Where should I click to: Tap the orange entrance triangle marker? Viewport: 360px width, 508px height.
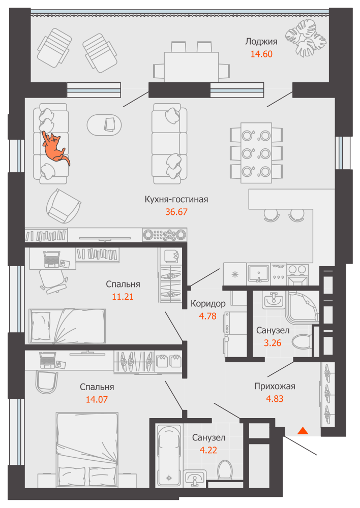pos(303,431)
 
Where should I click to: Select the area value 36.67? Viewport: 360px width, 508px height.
pos(176,211)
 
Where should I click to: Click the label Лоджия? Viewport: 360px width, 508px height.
pos(261,42)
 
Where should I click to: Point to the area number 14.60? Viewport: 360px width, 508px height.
pos(261,54)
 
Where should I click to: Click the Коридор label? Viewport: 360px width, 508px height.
pos(208,304)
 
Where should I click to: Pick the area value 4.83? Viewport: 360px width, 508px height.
pos(275,398)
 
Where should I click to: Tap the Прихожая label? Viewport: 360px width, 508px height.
pos(275,386)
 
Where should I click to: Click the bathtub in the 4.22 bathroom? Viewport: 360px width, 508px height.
pos(169,455)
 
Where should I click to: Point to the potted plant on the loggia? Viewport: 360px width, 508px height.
pos(306,38)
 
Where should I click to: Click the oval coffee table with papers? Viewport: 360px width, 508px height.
pos(104,125)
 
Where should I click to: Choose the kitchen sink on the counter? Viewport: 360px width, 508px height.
pos(258,273)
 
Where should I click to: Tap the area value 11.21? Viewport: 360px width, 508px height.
pos(123,297)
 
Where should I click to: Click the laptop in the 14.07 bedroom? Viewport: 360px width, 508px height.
pos(48,360)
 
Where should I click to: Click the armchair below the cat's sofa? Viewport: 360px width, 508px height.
pos(63,206)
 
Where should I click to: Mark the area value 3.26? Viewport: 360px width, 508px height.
pos(273,343)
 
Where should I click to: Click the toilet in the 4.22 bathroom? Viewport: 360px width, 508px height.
pos(225,470)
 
